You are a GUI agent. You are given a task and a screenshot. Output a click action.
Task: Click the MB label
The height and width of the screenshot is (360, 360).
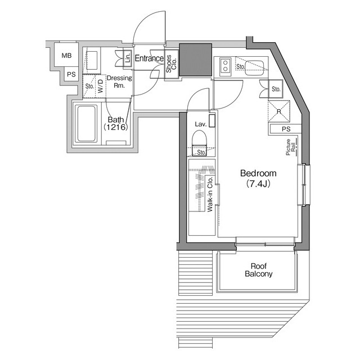(x=66, y=56)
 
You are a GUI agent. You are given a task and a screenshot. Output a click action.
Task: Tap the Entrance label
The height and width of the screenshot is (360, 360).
(x=149, y=58)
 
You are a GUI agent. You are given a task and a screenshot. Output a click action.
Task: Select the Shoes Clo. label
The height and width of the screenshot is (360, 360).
(x=171, y=64)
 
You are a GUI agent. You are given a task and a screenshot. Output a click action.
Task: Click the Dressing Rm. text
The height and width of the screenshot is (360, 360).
(x=119, y=82)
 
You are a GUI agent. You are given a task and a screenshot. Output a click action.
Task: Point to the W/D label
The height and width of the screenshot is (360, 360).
(x=101, y=87)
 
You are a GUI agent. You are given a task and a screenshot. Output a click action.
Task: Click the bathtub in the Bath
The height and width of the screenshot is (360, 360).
(x=87, y=124)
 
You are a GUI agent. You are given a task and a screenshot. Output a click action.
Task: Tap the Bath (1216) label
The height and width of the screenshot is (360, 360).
(x=116, y=124)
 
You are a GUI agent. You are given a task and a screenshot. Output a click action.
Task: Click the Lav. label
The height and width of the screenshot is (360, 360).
(x=201, y=124)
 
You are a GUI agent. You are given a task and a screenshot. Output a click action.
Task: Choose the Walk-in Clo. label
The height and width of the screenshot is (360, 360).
(x=210, y=194)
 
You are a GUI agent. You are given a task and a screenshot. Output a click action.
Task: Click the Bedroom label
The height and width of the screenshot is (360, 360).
(x=258, y=173)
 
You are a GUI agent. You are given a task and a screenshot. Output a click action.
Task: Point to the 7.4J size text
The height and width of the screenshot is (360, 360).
(x=258, y=184)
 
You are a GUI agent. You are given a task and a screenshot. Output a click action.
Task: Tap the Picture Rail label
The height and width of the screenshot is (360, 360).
(x=290, y=147)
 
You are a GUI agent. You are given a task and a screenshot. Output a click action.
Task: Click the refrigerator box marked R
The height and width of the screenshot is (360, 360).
(x=279, y=111)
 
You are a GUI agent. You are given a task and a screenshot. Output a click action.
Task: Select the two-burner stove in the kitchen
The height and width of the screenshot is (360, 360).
(x=225, y=66)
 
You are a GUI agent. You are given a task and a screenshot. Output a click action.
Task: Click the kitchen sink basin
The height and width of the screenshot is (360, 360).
(x=254, y=68)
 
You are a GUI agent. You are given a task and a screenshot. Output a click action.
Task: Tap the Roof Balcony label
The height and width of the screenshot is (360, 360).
(x=259, y=270)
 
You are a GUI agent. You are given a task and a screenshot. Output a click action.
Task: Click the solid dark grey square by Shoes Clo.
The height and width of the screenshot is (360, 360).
(x=195, y=60)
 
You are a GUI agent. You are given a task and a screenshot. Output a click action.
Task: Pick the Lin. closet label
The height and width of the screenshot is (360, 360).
(x=128, y=58)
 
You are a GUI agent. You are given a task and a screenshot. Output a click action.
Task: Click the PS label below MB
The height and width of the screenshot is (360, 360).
(x=71, y=74)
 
